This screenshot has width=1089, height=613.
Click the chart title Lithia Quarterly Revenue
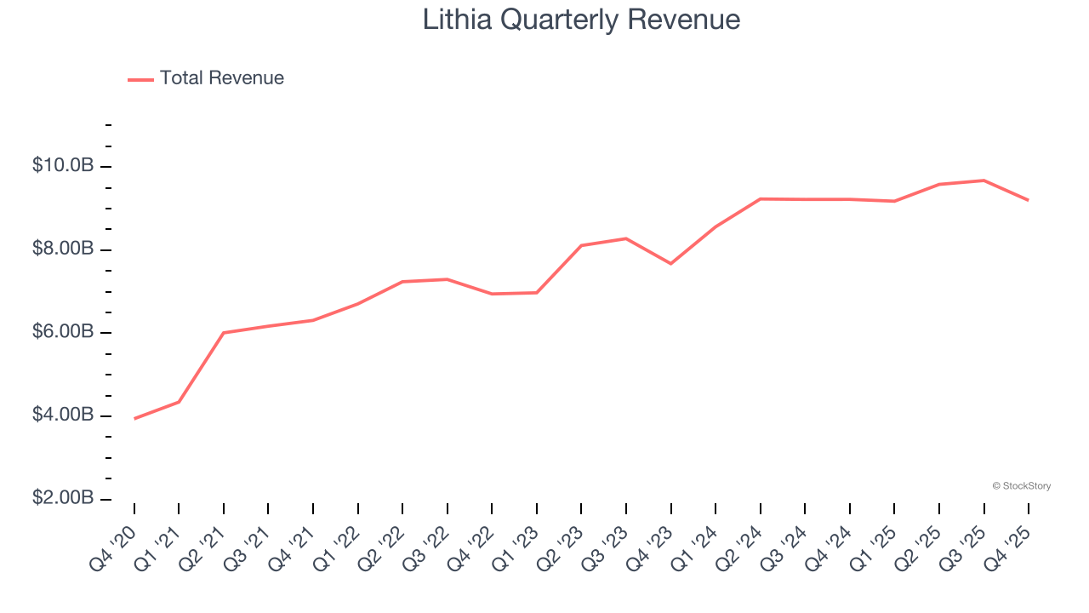[581, 20]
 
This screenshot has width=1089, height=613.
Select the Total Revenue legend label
[221, 78]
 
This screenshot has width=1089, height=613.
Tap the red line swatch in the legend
[140, 79]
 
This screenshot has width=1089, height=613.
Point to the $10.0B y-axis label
[63, 165]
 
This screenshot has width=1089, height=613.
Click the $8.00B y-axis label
[63, 249]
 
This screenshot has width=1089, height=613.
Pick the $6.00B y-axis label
[63, 331]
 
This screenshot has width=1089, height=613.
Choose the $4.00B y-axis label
[63, 415]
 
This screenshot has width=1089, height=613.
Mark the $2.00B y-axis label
[63, 498]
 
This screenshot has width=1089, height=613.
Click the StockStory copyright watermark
[1021, 486]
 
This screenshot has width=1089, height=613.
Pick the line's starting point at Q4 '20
[134, 419]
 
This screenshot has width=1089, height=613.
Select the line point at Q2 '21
[224, 333]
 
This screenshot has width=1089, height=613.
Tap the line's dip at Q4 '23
[670, 264]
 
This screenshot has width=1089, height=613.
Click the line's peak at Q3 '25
[984, 180]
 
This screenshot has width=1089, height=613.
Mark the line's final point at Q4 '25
[1029, 200]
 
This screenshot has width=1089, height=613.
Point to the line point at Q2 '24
[760, 198]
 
